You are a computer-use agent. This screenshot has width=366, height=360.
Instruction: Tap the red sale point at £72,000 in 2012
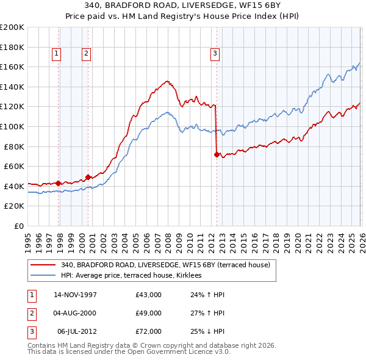pos(216,154)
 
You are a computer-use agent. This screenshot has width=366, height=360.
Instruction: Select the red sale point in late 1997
pos(59,183)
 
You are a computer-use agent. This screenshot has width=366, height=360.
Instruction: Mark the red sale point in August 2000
pos(88,177)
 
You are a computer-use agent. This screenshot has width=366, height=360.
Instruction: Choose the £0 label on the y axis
pos(18,226)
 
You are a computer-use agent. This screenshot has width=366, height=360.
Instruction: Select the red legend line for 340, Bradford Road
pos(43,265)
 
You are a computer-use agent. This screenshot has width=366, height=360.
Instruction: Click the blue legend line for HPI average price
pos(43,275)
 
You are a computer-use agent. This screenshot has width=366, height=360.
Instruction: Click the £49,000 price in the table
pos(149,313)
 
